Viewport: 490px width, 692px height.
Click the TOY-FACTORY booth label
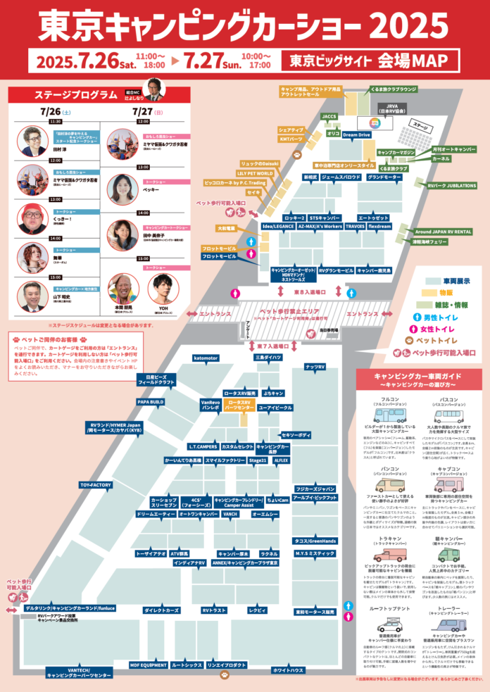(96, 485)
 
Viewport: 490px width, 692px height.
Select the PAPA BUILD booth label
(151, 402)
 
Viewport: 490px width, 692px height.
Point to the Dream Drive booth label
(356, 134)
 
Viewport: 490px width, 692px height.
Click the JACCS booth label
(329, 116)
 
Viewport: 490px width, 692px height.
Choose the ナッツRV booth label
(315, 367)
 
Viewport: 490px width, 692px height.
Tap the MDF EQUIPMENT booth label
(148, 665)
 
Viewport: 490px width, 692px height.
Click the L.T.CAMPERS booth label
(203, 446)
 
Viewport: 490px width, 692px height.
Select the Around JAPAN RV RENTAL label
(443, 231)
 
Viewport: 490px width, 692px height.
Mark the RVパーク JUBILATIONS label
(451, 185)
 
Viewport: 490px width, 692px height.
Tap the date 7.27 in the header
(204, 61)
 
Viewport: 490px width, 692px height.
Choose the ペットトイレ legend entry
(441, 340)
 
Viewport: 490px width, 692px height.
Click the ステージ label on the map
(420, 127)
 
